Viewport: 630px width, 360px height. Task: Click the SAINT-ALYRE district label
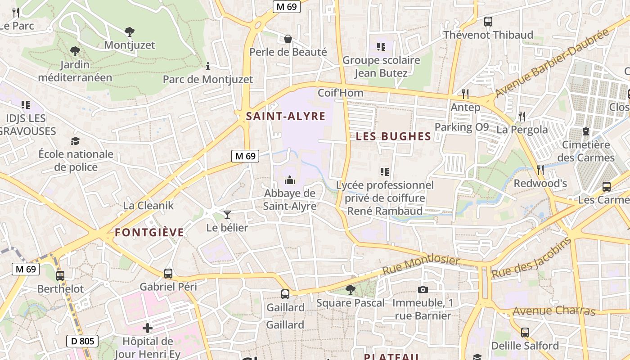[x=285, y=117]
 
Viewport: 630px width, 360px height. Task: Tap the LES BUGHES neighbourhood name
[x=393, y=137]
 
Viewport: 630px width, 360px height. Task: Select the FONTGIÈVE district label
[x=149, y=233]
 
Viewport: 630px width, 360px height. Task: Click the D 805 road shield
[x=83, y=341]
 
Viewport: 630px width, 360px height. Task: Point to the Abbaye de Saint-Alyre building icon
[x=290, y=180]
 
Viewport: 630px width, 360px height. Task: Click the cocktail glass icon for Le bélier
[x=227, y=215]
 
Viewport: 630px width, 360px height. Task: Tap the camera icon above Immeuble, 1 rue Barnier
[x=423, y=289]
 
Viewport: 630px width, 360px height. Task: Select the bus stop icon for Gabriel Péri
[x=168, y=273]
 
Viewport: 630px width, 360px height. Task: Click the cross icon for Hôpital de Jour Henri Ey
[x=147, y=328]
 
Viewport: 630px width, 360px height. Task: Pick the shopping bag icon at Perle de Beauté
[x=288, y=39]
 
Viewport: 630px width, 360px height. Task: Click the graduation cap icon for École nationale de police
[x=75, y=141]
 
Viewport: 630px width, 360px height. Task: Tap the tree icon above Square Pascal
[x=350, y=289]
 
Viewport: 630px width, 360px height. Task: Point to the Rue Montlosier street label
[x=421, y=265]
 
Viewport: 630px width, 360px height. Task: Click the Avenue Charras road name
[x=553, y=311]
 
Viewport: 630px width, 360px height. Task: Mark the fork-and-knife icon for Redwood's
[x=540, y=170]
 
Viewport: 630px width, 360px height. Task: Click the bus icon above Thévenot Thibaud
[x=488, y=21]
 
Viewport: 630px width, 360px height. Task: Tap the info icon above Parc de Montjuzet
[x=207, y=67]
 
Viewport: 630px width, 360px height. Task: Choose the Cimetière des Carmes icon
[x=585, y=131]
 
